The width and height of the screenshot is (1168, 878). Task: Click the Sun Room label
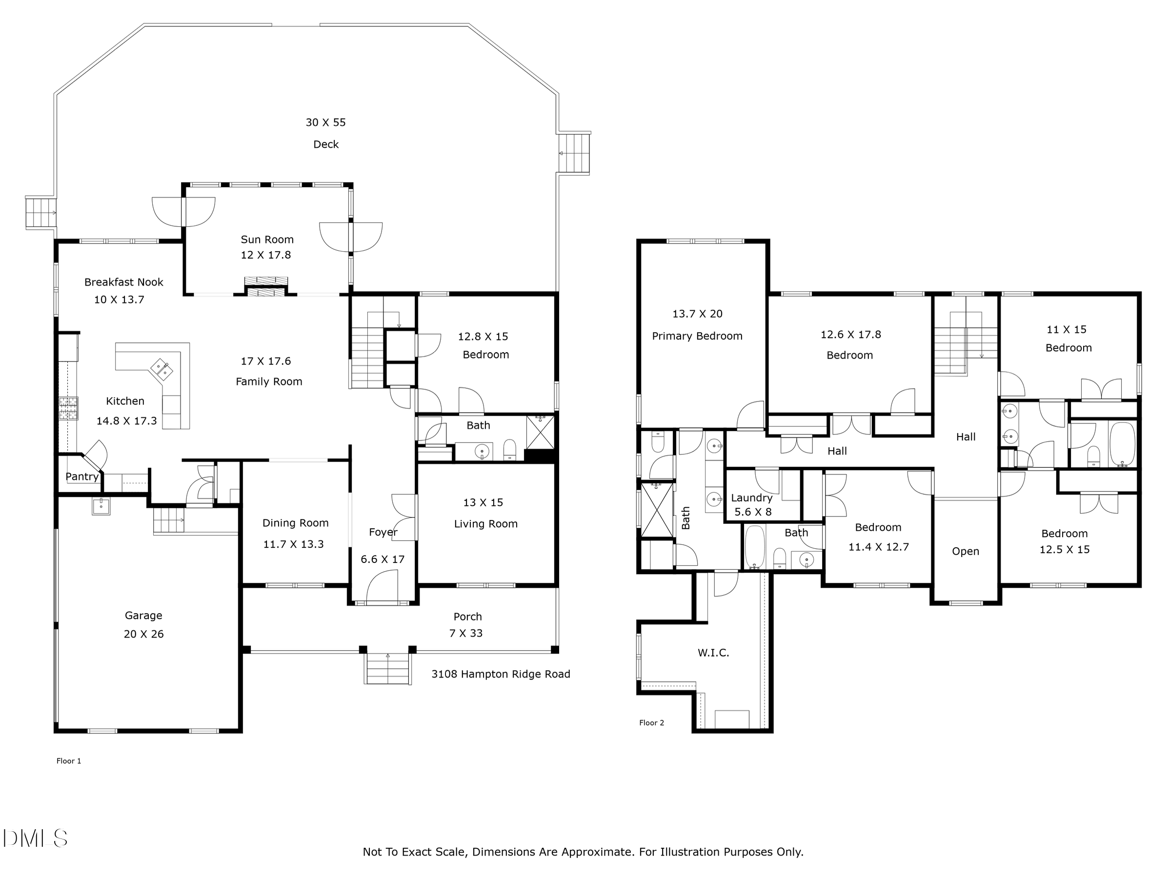[267, 239]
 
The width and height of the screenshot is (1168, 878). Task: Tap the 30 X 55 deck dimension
[325, 122]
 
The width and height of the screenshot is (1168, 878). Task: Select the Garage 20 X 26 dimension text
[143, 634]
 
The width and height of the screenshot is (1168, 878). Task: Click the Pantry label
[82, 477]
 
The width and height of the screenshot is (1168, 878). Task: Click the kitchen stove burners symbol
[69, 408]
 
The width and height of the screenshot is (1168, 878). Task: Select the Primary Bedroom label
[697, 336]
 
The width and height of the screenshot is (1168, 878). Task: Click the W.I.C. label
[713, 653]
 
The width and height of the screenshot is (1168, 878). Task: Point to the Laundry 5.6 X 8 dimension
[753, 512]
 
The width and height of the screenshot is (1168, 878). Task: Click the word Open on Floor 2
[965, 552]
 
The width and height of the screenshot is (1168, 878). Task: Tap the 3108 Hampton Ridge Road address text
[501, 674]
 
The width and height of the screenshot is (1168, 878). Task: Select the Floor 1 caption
[69, 761]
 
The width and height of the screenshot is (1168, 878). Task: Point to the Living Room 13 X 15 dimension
[483, 502]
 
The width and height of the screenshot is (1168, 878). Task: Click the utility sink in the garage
[101, 506]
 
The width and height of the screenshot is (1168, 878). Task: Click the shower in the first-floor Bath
[540, 432]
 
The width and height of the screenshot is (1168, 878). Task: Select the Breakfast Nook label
[123, 282]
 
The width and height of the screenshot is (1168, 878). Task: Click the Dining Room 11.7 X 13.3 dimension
[294, 544]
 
